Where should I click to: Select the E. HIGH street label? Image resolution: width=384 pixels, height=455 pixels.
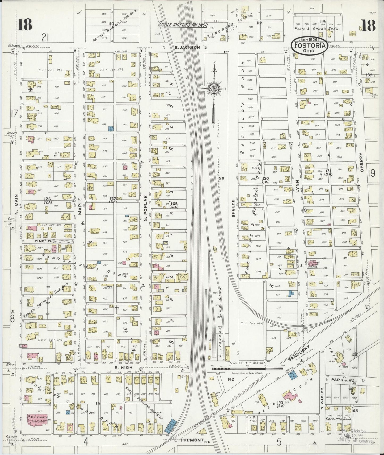(x=120, y=367)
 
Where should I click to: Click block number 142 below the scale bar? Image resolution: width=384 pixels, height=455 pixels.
(x=230, y=379)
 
